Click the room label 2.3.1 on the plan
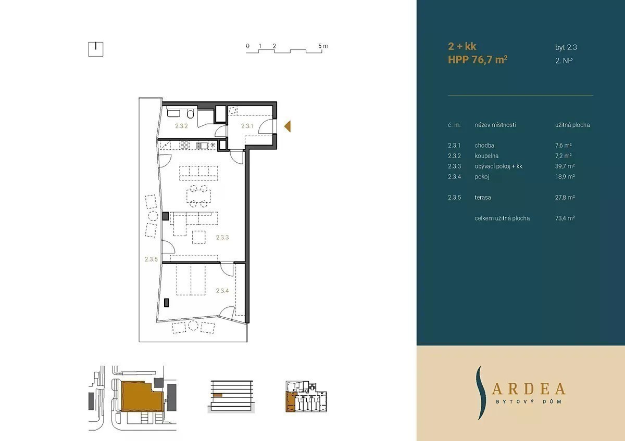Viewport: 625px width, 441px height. tap(247, 126)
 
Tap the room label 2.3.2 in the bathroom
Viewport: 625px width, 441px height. tap(181, 126)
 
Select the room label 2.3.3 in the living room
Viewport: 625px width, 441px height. tap(222, 237)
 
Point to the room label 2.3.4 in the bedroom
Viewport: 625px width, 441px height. tap(222, 291)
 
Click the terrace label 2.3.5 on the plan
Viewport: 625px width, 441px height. tap(151, 260)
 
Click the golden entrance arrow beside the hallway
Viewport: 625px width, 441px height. tap(287, 126)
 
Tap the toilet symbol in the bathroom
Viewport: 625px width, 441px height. tap(191, 114)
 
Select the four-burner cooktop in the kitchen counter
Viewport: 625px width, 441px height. tap(184, 145)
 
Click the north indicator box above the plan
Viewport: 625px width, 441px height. tap(96, 49)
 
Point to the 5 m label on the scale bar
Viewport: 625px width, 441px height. tap(323, 46)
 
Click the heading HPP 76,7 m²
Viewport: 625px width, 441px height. tap(478, 60)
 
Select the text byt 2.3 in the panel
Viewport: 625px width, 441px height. tap(566, 47)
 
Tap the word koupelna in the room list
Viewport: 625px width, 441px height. tap(486, 155)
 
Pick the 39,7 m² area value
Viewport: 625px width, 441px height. tap(565, 166)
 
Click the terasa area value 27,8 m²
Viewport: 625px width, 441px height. tap(565, 198)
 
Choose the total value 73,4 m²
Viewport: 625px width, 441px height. tap(565, 218)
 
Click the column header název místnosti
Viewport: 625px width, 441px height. tap(495, 125)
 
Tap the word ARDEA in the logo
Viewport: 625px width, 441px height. tap(529, 389)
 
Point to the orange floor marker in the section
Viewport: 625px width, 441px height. tap(218, 395)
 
